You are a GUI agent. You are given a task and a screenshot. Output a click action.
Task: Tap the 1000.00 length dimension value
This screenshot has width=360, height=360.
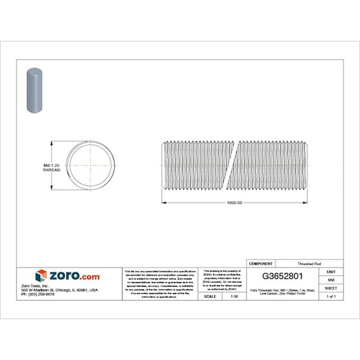coord(235,203)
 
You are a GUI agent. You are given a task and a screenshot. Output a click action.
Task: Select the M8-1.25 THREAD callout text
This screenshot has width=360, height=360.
coord(51,168)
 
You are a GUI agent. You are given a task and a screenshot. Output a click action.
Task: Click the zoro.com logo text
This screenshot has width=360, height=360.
coord(72,276)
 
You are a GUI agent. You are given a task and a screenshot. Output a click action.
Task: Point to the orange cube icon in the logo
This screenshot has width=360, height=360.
coord(41,276)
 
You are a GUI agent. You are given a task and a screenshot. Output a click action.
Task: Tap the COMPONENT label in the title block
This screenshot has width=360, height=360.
coord(261,264)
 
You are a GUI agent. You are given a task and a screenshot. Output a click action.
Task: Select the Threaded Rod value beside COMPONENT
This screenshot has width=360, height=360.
coord(306,264)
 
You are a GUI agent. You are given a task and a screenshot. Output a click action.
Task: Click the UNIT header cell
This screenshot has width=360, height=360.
coord(331,271)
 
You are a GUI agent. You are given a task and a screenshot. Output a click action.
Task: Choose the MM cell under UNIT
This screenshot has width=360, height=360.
coord(331,279)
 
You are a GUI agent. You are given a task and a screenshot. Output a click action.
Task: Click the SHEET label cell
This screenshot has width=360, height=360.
coord(331,287)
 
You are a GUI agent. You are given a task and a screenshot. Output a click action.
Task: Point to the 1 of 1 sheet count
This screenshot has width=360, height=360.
coord(331,296)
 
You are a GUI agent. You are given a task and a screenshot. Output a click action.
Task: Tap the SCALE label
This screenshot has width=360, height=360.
coord(209,296)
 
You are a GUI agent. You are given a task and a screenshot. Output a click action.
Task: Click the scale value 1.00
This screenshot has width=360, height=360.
coord(233,296)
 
